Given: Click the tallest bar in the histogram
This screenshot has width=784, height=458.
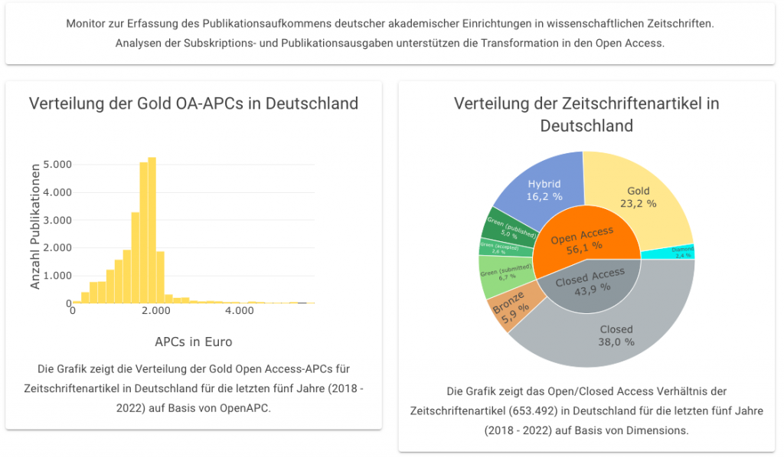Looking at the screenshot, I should (152, 230).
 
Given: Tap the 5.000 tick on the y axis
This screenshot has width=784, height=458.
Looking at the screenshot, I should (57, 165).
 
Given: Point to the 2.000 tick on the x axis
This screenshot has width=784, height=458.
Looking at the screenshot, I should (155, 312).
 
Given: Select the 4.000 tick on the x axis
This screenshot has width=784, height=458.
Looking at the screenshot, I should (240, 312).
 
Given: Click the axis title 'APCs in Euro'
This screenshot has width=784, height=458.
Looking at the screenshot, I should (194, 342).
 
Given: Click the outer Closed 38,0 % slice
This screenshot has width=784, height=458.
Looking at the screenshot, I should (617, 337).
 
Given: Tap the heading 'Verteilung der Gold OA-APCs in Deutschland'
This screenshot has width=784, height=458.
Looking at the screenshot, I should (194, 103).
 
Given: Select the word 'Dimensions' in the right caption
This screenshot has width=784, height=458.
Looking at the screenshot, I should (655, 430).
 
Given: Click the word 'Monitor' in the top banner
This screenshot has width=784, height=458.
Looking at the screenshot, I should (87, 24).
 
